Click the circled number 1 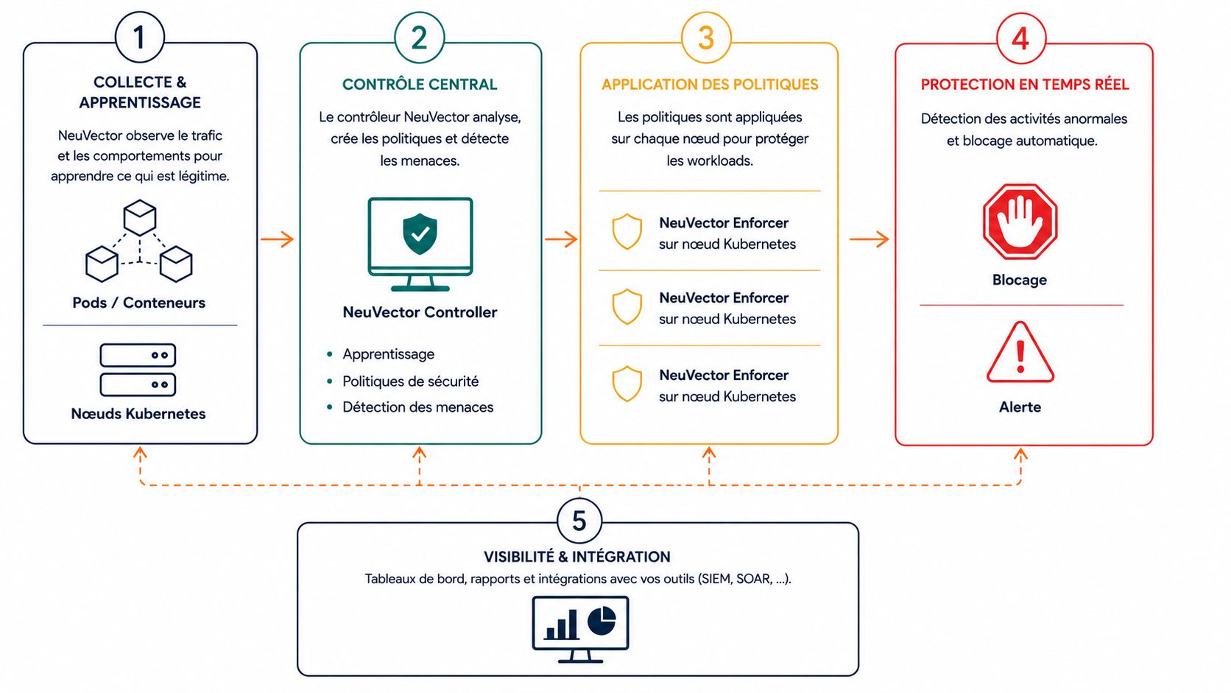pos(140,38)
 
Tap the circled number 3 pos(706,38)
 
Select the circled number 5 pos(579,521)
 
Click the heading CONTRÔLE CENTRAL pos(420,84)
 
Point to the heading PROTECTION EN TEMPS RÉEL pos(1025,84)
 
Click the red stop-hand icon pos(1020,222)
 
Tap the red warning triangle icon pos(1020,352)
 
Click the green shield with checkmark pos(420,233)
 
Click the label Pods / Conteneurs pos(139,303)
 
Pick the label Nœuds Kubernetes pos(138,414)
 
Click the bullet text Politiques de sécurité pos(411,381)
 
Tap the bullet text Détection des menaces pos(417,407)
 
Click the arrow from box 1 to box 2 pos(278,239)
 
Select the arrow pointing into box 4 pos(870,239)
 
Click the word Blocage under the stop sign pos(1020,280)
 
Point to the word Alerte pos(1020,407)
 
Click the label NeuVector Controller pos(420,312)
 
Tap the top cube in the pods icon pos(140,217)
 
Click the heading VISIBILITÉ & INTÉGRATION pos(577,557)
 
